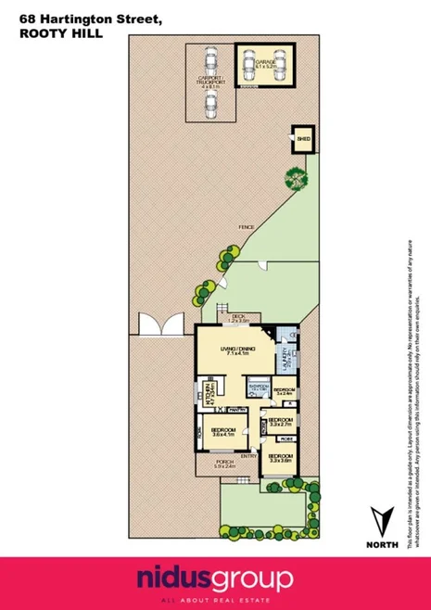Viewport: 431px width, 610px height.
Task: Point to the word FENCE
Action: (246, 226)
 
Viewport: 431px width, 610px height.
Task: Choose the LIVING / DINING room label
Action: (237, 351)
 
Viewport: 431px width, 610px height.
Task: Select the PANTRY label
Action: (237, 409)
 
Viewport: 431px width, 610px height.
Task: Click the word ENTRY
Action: (249, 456)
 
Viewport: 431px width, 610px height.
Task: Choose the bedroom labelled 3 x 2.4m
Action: (284, 391)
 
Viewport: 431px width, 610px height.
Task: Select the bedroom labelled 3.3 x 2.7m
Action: (280, 422)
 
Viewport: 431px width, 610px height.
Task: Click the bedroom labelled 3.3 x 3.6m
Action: (281, 458)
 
